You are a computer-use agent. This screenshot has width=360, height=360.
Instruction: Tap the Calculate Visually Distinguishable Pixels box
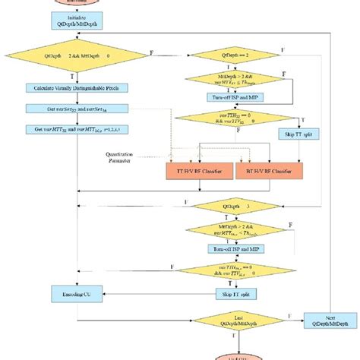(x=75, y=88)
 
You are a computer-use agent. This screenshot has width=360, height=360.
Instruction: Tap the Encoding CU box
(x=74, y=292)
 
